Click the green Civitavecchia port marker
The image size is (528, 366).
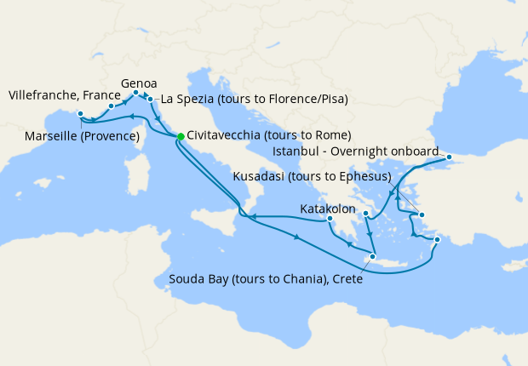[181, 135]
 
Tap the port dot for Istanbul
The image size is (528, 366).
[449, 157]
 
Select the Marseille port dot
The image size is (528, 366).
[79, 114]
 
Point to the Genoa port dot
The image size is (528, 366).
[136, 93]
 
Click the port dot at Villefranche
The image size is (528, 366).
[112, 106]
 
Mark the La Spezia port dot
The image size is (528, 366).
[151, 100]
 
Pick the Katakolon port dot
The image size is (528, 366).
[330, 219]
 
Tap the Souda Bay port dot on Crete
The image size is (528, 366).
[372, 256]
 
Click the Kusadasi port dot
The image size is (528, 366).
[422, 214]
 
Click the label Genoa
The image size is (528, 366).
[139, 83]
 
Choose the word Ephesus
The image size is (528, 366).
[360, 178]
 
